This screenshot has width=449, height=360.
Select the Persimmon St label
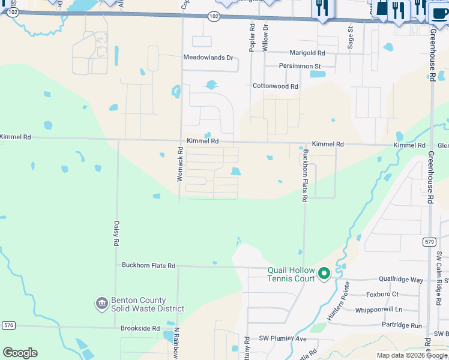coord(300,66)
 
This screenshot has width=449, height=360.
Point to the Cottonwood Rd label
coord(275,86)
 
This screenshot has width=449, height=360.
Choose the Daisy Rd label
coord(116,234)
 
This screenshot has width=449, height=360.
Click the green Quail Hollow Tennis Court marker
coord(324,274)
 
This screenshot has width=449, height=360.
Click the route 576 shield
coord(8,326)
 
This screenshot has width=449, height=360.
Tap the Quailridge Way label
coord(400,280)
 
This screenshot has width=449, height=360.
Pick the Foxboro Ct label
coord(382,295)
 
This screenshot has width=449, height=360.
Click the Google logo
coord(20,353)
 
